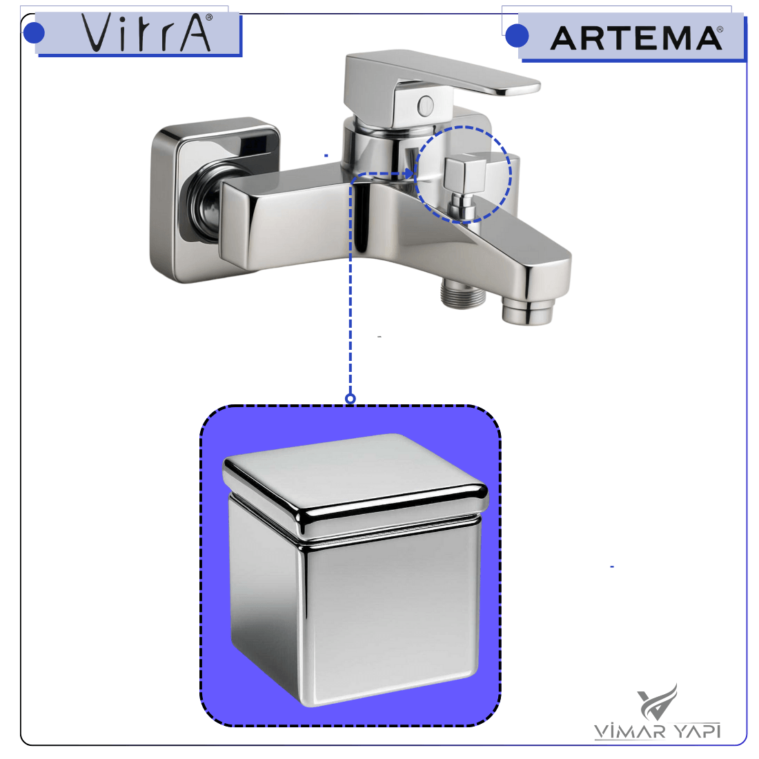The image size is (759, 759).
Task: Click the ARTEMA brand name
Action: [x=636, y=38]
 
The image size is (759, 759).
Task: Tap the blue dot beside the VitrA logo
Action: [x=34, y=32]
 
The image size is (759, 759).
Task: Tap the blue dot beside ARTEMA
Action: [x=517, y=36]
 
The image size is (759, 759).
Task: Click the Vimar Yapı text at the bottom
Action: [x=657, y=731]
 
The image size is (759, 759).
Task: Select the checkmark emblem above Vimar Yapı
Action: [x=658, y=702]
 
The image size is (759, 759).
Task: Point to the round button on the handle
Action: [x=426, y=106]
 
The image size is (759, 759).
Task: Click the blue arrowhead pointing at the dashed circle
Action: [x=409, y=173]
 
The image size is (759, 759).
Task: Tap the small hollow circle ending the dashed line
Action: [x=351, y=398]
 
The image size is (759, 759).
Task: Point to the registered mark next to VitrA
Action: [x=209, y=17]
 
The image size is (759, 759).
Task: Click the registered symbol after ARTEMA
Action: [x=720, y=30]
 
